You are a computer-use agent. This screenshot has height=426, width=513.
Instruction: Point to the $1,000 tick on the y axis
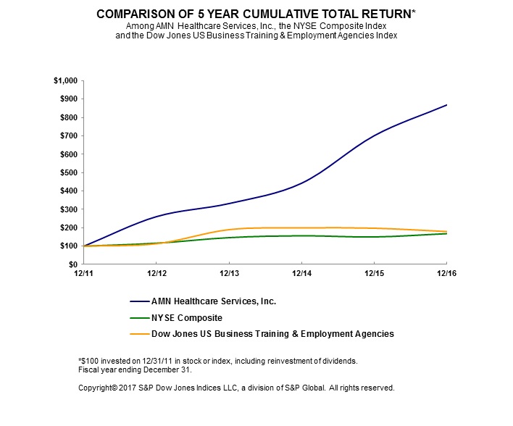point(66,80)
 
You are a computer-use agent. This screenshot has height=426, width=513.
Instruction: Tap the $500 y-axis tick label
point(69,172)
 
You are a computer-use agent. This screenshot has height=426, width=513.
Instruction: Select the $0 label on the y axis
point(74,264)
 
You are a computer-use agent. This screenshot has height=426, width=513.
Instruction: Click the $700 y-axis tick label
point(69,135)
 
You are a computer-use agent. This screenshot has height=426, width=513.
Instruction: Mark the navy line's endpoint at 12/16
point(446,105)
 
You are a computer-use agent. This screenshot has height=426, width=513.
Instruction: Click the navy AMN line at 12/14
point(301,183)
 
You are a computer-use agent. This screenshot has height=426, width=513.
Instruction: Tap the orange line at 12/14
point(301,227)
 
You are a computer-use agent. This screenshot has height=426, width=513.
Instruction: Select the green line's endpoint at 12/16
point(446,233)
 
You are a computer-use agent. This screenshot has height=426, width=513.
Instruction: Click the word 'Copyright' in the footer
point(98,388)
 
